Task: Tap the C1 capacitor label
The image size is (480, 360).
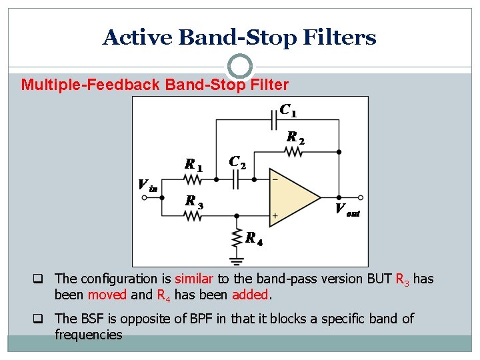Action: tap(288, 109)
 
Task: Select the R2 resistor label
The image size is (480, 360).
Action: tap(295, 138)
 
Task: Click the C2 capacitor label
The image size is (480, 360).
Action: tap(237, 162)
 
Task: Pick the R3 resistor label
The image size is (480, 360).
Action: tap(194, 201)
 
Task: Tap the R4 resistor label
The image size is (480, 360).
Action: tap(253, 238)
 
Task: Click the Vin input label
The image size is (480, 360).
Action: tap(147, 185)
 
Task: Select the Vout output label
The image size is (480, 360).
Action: tap(347, 209)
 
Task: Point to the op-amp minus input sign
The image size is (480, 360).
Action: tap(275, 179)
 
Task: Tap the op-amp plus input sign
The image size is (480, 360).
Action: tap(275, 216)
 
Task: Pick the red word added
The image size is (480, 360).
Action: tap(250, 294)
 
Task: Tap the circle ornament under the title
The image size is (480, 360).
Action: tap(240, 67)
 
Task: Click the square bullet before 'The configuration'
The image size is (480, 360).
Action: tap(43, 279)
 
